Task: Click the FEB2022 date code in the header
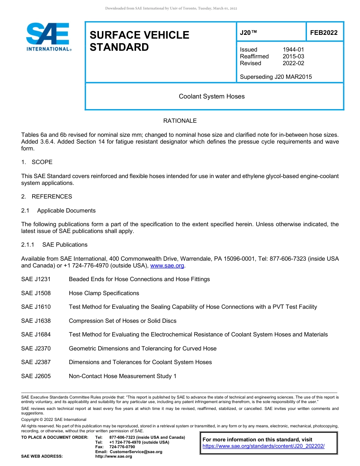pos(324,33)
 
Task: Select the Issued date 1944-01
pos(293,50)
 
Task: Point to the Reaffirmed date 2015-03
pos(293,56)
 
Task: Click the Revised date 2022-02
pos(293,63)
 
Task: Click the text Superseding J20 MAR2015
pos(276,77)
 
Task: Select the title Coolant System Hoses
pos(212,96)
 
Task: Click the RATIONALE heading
pos(180,121)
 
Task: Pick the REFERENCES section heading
pos(52,197)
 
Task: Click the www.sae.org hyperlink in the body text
pos(167,266)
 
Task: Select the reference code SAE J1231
pos(36,279)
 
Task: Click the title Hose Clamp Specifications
pos(104,293)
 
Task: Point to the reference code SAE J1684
pos(36,335)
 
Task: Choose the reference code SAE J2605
pos(36,376)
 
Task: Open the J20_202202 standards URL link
pos(263,446)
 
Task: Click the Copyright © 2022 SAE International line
pos(54,419)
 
